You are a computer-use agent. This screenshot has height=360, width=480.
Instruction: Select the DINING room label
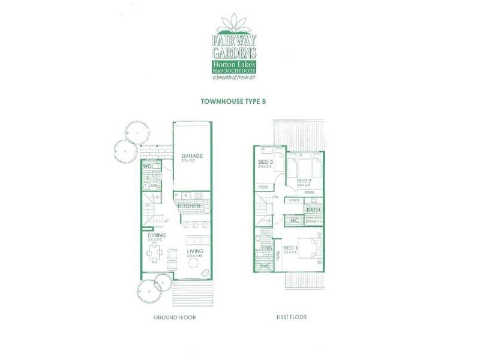tap(155, 236)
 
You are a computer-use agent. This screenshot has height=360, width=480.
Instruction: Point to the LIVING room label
tap(194, 251)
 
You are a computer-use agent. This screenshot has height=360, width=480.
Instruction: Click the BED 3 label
tap(265, 163)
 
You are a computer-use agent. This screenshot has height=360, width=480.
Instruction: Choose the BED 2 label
tap(304, 180)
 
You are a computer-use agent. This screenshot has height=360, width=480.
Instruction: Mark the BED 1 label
tap(290, 248)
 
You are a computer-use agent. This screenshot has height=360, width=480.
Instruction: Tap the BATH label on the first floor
tap(313, 209)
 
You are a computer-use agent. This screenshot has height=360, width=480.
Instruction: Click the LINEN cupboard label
tap(294, 200)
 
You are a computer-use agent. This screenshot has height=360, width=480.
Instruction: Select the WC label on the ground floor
tap(148, 166)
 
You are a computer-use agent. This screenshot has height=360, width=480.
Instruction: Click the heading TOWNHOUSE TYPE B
tap(233, 102)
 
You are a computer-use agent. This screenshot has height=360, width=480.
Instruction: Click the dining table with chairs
tap(154, 254)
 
